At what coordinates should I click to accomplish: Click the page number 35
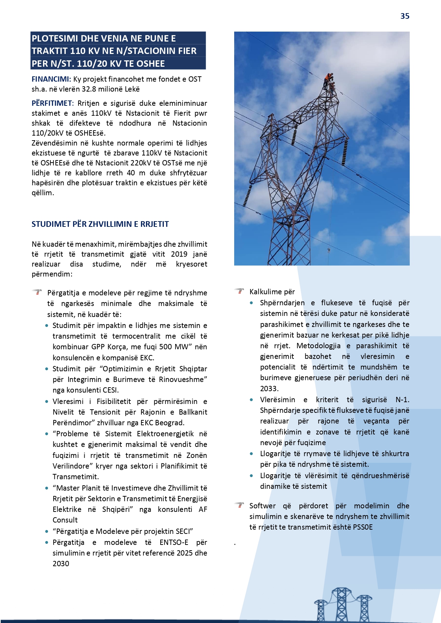point(405,16)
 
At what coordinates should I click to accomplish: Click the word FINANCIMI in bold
point(51,79)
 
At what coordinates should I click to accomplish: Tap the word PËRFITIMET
point(52,103)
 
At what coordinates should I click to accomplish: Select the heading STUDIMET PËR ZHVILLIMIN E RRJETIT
point(100,224)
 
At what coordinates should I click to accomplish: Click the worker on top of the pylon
point(328,80)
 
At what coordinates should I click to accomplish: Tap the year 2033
point(269,389)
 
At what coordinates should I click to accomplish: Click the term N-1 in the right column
point(402,400)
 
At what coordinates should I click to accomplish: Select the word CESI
point(110,390)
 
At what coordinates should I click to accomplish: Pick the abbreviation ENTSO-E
point(174,542)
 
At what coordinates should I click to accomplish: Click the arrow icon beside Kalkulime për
point(240,291)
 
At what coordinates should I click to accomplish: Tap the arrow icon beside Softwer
point(240,505)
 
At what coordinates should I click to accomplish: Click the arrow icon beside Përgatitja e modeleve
point(37,293)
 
